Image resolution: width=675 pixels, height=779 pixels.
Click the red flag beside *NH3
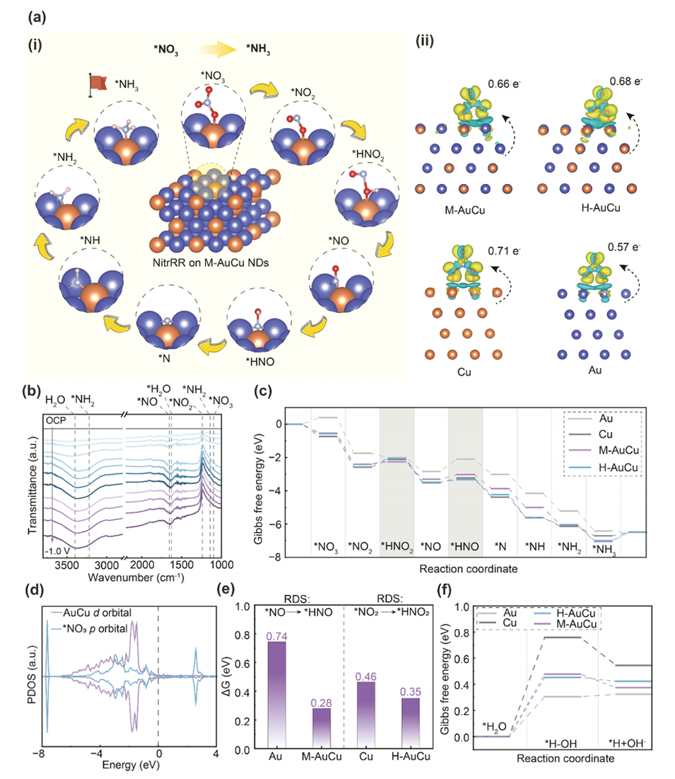pyautogui.click(x=98, y=83)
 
